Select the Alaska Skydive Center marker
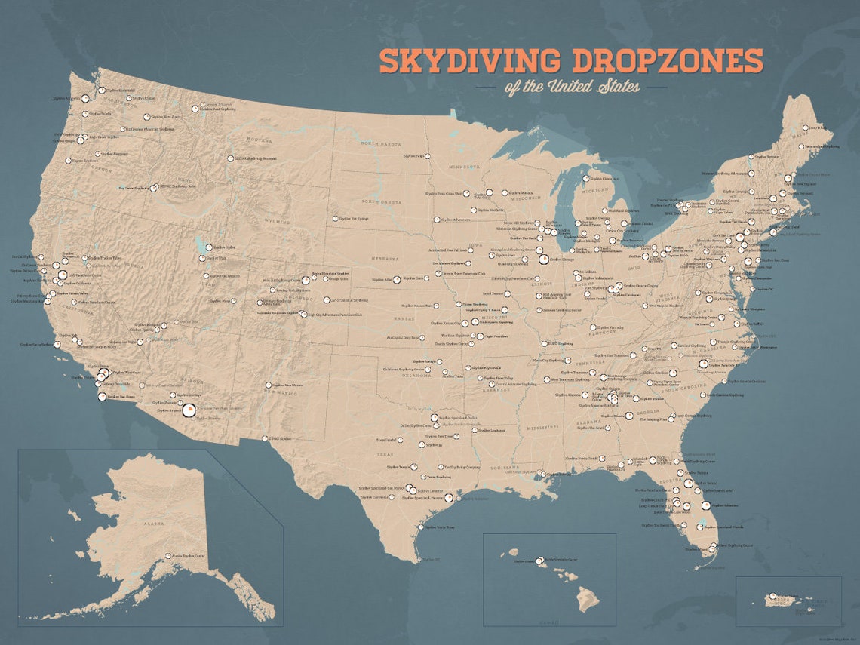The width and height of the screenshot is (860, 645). click(x=167, y=556)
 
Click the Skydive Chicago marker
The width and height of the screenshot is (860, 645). click(x=543, y=259)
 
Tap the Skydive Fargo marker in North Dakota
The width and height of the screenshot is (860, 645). click(x=426, y=157)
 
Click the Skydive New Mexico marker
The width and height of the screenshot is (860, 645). click(x=268, y=385)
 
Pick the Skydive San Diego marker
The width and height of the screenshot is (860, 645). click(x=102, y=396)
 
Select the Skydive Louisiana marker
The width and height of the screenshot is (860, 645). click(x=475, y=430)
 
